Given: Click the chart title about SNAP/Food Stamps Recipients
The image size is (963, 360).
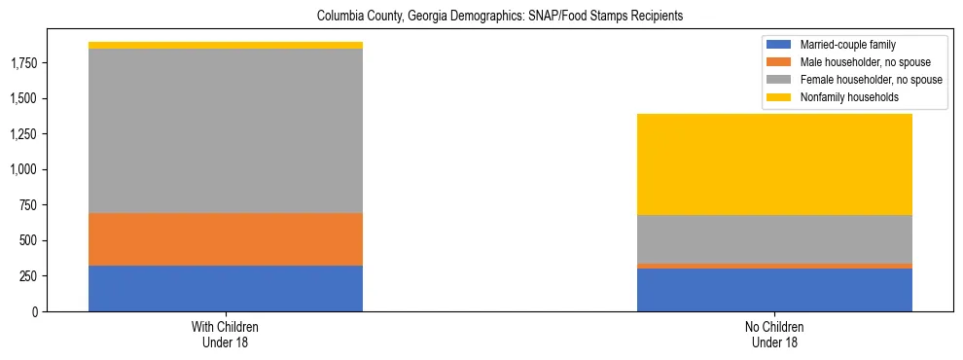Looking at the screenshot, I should pyautogui.click(x=482, y=17).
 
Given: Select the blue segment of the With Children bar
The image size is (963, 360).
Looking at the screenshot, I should pyautogui.click(x=226, y=288).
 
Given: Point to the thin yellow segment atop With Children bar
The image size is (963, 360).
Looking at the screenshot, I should pyautogui.click(x=226, y=45).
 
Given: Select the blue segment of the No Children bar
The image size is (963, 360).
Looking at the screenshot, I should pyautogui.click(x=774, y=290).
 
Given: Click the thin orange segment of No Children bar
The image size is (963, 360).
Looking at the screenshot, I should pyautogui.click(x=774, y=266).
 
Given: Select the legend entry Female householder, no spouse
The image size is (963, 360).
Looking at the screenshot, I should pyautogui.click(x=854, y=80).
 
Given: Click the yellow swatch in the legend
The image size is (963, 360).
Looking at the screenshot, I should pyautogui.click(x=780, y=97).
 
